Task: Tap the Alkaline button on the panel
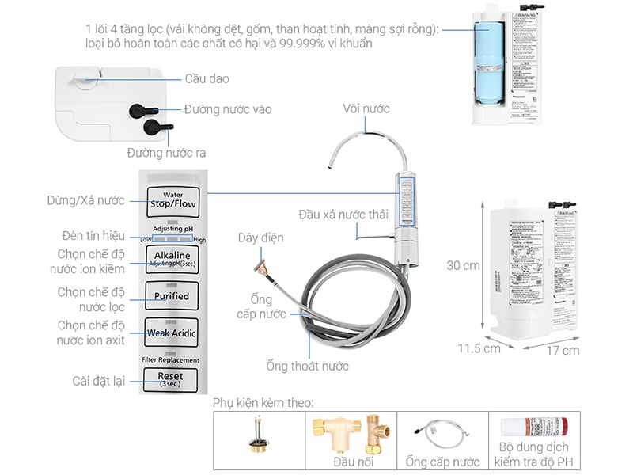click(x=172, y=258)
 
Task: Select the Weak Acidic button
click(x=172, y=332)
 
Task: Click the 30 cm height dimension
click(x=463, y=266)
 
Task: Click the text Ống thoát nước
click(x=307, y=366)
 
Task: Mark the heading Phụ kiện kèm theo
click(x=263, y=403)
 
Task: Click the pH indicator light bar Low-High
click(x=172, y=238)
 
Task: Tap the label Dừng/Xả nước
click(x=90, y=200)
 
